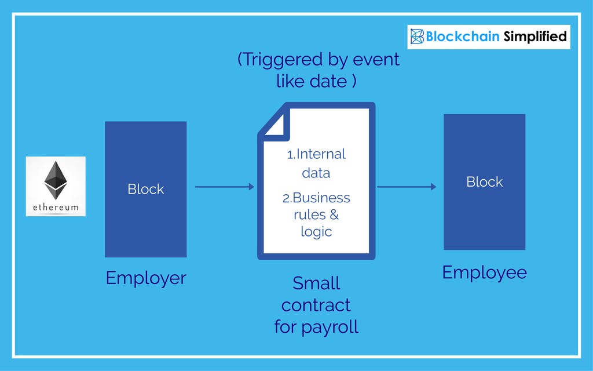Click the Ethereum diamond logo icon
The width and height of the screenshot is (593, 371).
55,180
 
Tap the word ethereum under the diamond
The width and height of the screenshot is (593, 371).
56,207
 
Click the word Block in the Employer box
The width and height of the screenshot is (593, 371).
145,189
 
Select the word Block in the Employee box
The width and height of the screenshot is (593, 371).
484,181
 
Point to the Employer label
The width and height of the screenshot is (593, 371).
146,278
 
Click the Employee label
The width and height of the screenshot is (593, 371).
484,272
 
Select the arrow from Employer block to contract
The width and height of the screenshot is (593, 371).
225,187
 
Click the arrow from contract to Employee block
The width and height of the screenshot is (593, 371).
407,187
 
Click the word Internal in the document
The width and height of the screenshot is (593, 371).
320,154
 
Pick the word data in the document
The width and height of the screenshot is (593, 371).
316,173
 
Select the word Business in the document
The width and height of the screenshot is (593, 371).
321,198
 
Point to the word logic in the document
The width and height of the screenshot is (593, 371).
316,231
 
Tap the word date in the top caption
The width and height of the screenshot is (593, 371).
328,81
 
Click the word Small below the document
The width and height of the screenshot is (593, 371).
316,283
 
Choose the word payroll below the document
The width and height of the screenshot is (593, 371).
330,327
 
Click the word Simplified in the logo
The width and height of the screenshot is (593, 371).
535,37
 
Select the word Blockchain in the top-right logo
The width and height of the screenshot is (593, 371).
463,37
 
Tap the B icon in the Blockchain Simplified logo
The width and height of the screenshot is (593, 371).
417,37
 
